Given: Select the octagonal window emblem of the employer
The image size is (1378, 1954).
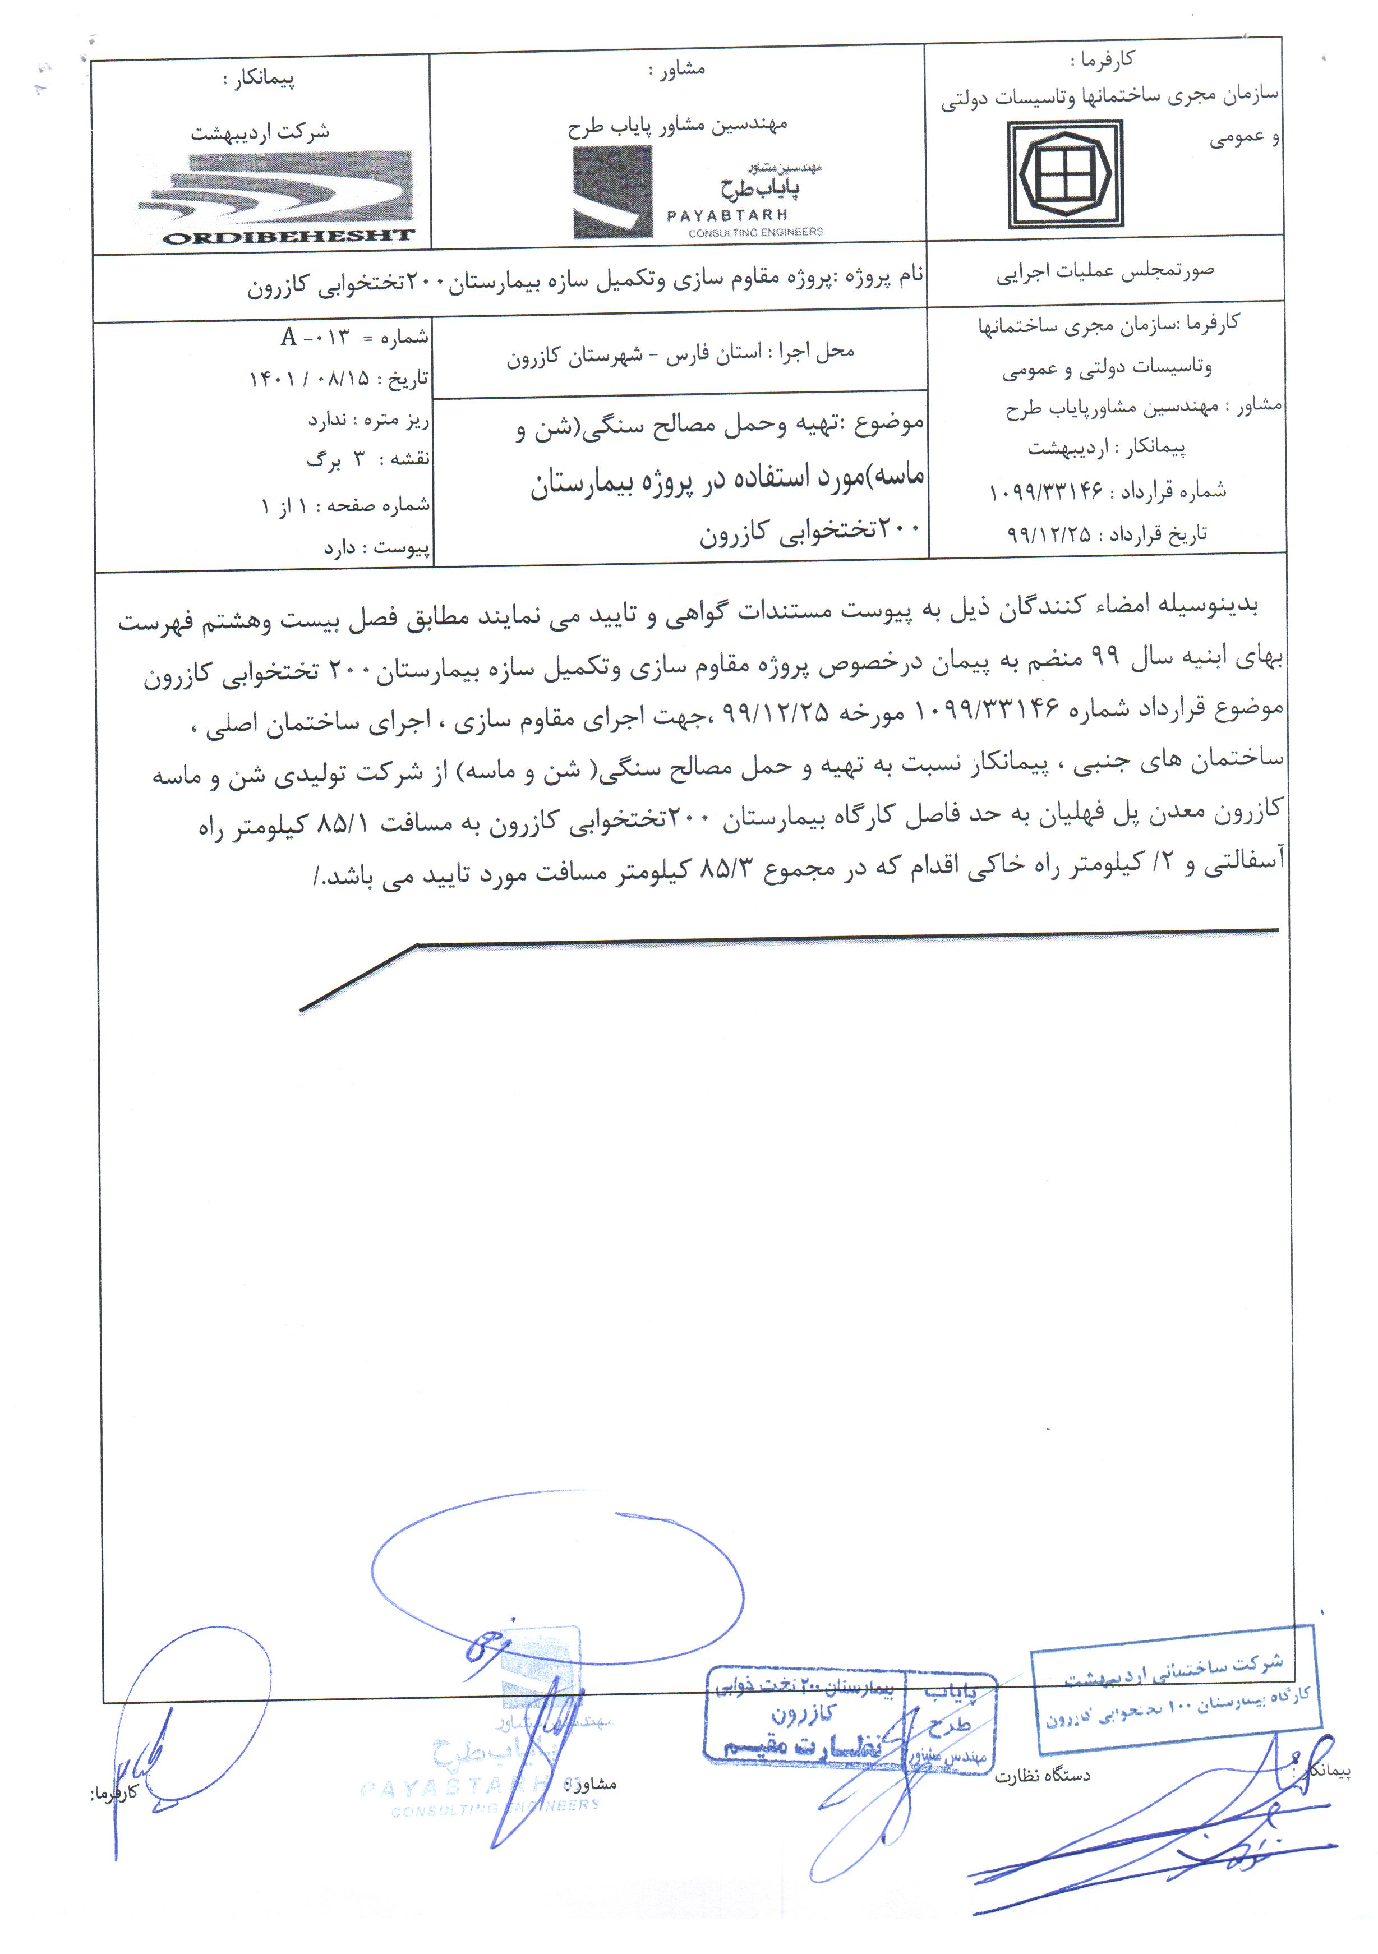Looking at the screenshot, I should (x=1065, y=174).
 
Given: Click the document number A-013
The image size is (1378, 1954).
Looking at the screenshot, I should (x=315, y=338).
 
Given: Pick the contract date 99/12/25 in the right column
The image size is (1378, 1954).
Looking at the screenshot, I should (x=1049, y=534).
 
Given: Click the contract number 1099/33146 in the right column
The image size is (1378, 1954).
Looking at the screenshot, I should (x=1046, y=491).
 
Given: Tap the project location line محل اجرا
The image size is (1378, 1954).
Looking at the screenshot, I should (x=680, y=354).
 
